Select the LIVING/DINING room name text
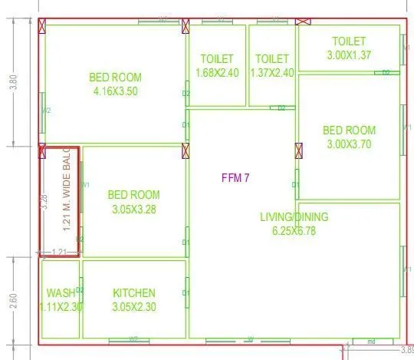tap(294, 216)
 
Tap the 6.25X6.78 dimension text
tap(294, 230)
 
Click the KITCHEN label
tap(134, 293)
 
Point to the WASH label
tap(60, 293)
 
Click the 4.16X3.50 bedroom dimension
tap(115, 91)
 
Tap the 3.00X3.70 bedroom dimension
tap(348, 144)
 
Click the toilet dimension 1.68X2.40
tap(216, 73)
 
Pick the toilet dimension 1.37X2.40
tap(272, 73)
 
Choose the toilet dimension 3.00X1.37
tap(349, 54)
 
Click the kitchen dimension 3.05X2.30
tap(134, 307)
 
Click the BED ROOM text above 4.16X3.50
tap(115, 77)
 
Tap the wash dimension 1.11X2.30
tap(60, 307)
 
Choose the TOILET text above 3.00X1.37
tap(349, 41)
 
